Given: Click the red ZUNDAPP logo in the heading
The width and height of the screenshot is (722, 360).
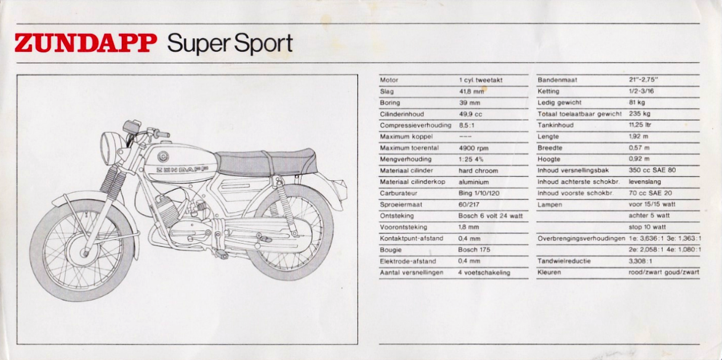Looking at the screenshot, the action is coord(86,43).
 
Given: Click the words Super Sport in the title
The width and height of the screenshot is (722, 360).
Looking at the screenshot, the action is coord(230,44).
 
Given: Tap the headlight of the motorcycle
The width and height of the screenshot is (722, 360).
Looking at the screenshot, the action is coord(107,148).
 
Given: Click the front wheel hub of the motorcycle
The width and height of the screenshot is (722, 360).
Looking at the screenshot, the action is coord(84,252).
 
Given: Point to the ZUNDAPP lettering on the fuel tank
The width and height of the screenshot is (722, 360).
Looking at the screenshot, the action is coord(182,169).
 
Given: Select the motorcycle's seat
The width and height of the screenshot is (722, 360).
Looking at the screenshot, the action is coord(266,162).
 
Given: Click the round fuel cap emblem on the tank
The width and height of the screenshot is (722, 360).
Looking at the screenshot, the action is coord(163,156).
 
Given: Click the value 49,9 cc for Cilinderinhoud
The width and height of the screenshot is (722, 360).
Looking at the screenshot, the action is coord(470,114).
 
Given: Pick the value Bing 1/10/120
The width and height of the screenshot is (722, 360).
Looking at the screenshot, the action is coord(479,193).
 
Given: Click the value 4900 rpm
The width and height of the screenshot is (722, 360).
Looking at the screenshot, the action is coord(473,148).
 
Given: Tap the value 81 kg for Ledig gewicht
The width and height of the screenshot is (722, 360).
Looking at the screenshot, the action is coord(637,102).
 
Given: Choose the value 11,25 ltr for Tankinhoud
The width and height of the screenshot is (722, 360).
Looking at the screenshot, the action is coord(640,125).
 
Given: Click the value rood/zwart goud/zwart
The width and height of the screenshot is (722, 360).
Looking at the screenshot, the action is coord(664,273).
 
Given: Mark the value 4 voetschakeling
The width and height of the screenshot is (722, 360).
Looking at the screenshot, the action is coord(484,273).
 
